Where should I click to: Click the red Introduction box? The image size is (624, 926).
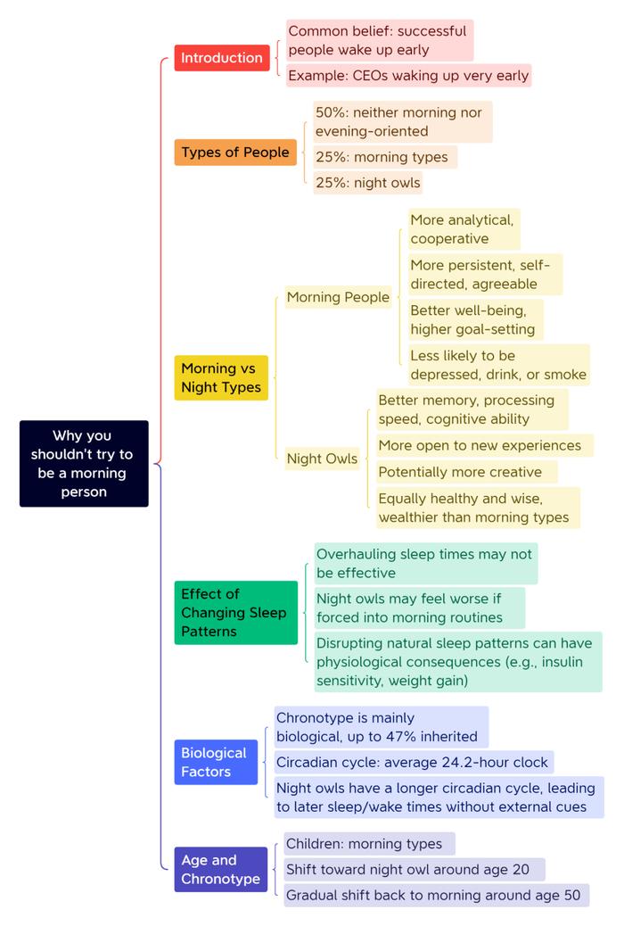222,58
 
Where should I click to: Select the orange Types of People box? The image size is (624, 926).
235,153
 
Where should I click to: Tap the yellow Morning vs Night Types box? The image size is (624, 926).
221,378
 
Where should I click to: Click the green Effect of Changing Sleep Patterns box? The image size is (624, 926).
235,612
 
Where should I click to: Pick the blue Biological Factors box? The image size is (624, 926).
216,763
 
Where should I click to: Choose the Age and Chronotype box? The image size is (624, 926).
220,869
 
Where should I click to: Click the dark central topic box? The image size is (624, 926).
84,464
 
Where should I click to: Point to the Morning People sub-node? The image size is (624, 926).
338,297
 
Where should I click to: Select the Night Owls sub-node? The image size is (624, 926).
322,459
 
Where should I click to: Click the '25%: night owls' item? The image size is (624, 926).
368,183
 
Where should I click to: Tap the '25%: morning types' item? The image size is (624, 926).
385,157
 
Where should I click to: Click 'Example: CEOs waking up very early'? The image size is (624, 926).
408,76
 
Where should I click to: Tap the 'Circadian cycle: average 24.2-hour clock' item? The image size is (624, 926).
414,763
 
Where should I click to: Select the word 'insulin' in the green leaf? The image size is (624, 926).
562,662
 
